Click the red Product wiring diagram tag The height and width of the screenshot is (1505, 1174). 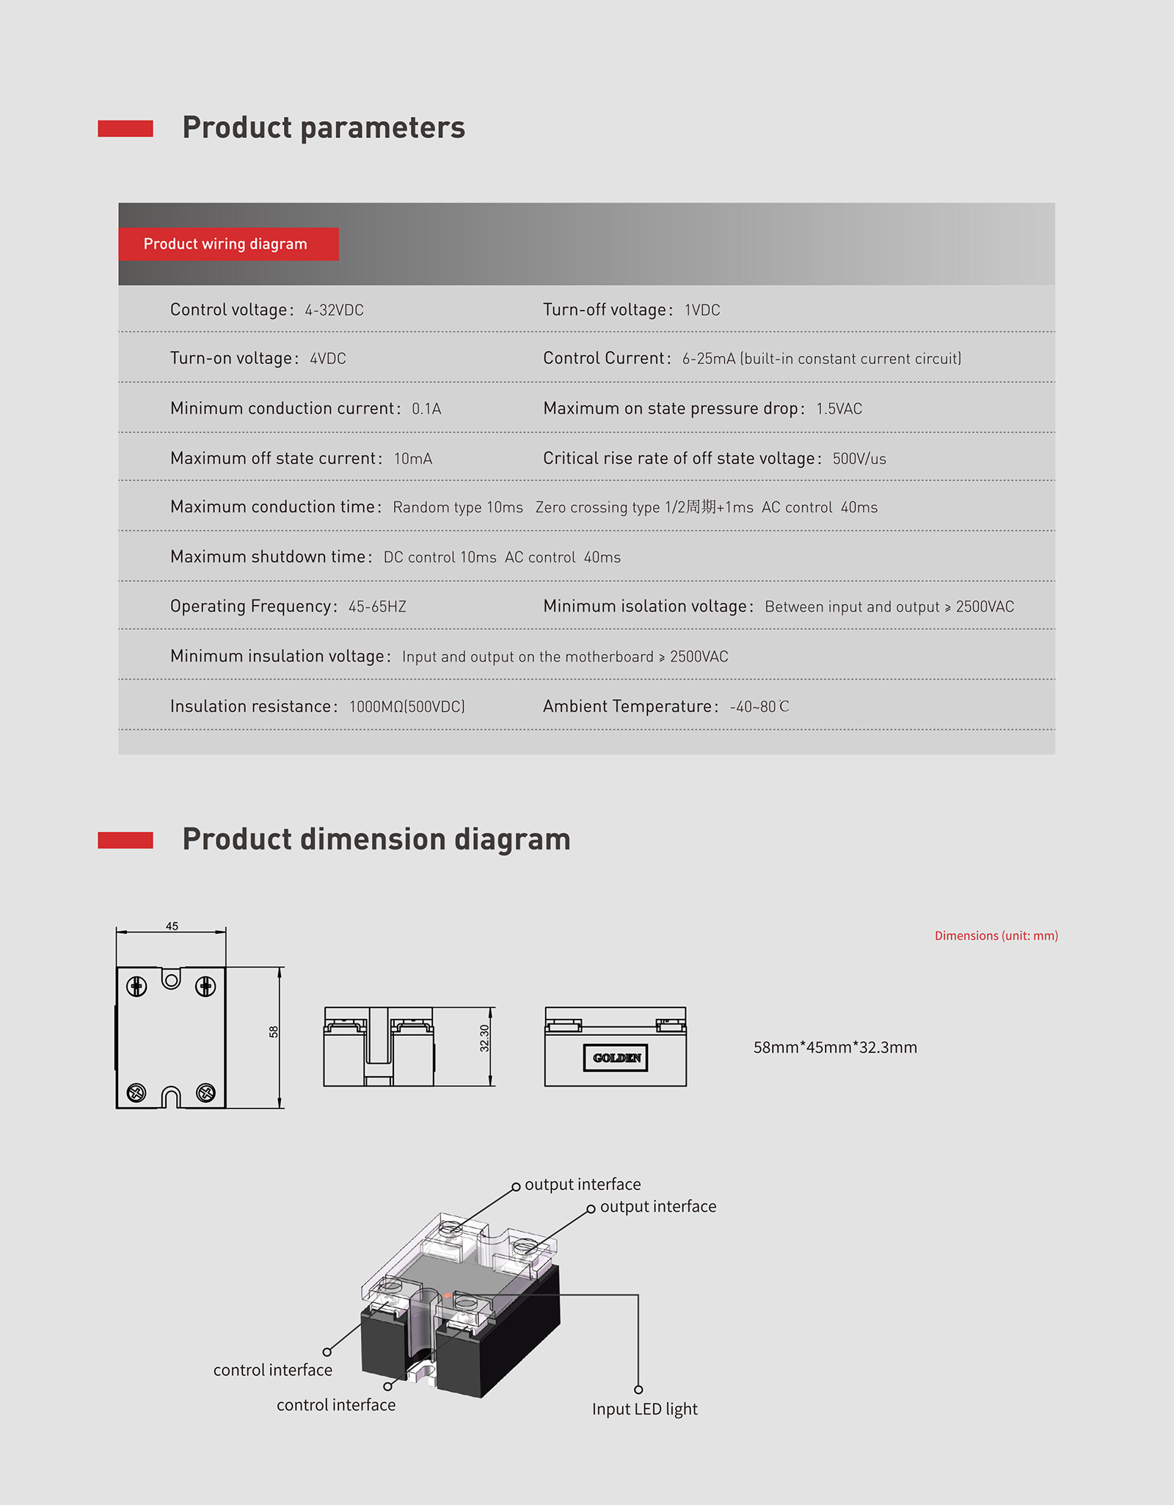(x=227, y=244)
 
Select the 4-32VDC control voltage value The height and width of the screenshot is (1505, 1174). (x=335, y=311)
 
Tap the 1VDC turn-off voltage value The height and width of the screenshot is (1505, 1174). (x=702, y=311)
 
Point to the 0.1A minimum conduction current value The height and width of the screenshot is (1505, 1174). (x=426, y=409)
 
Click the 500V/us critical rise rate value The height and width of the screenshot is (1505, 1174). (x=859, y=459)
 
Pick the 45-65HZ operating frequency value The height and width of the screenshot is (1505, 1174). (x=377, y=607)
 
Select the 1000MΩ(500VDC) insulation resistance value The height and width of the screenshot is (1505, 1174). (x=407, y=707)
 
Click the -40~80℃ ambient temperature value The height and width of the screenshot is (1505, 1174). (x=759, y=707)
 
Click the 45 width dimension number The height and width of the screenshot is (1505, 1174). (x=172, y=926)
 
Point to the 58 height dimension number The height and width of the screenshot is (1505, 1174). (x=274, y=1031)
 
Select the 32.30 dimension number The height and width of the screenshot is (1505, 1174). (x=484, y=1038)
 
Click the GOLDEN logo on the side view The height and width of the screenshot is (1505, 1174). (x=616, y=1058)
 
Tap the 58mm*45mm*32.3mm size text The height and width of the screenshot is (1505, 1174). (x=835, y=1048)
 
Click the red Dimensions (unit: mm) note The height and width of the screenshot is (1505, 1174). (x=996, y=935)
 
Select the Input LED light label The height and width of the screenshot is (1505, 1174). (x=645, y=1409)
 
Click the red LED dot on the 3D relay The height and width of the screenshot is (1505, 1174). (x=447, y=1296)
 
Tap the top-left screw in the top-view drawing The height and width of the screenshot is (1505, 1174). (x=136, y=987)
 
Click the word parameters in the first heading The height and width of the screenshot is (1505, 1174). (x=382, y=128)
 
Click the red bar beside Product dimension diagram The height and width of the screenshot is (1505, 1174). (x=125, y=840)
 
